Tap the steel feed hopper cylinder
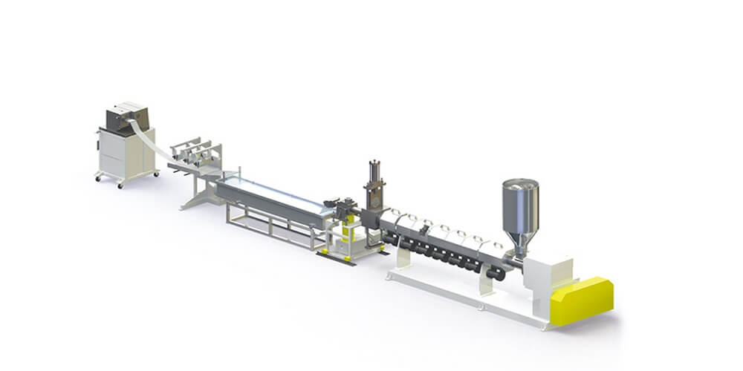520,204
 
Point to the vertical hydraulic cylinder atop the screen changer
374,173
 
